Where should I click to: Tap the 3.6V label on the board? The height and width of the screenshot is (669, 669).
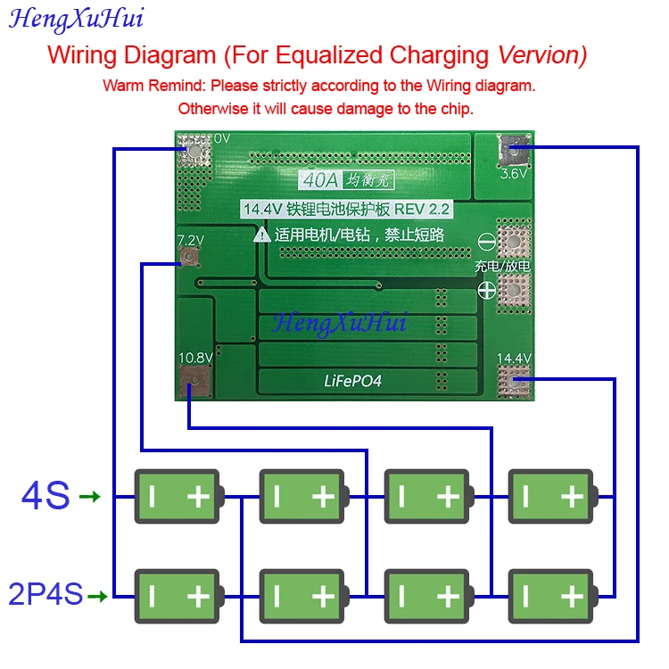pyautogui.click(x=514, y=174)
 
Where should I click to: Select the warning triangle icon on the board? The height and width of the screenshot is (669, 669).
pyautogui.click(x=262, y=235)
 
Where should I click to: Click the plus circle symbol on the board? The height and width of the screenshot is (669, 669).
pyautogui.click(x=487, y=289)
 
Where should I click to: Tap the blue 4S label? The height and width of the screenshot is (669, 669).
pyautogui.click(x=45, y=496)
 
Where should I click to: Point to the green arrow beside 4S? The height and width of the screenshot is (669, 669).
pyautogui.click(x=90, y=496)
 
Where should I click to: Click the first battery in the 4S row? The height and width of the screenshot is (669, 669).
pyautogui.click(x=178, y=496)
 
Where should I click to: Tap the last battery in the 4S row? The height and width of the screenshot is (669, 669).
pyautogui.click(x=552, y=496)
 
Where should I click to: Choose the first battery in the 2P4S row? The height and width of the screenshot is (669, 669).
pyautogui.click(x=178, y=596)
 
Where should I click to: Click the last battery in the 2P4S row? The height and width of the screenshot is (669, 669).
pyautogui.click(x=552, y=596)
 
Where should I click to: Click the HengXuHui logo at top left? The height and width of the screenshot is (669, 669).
pyautogui.click(x=76, y=18)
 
